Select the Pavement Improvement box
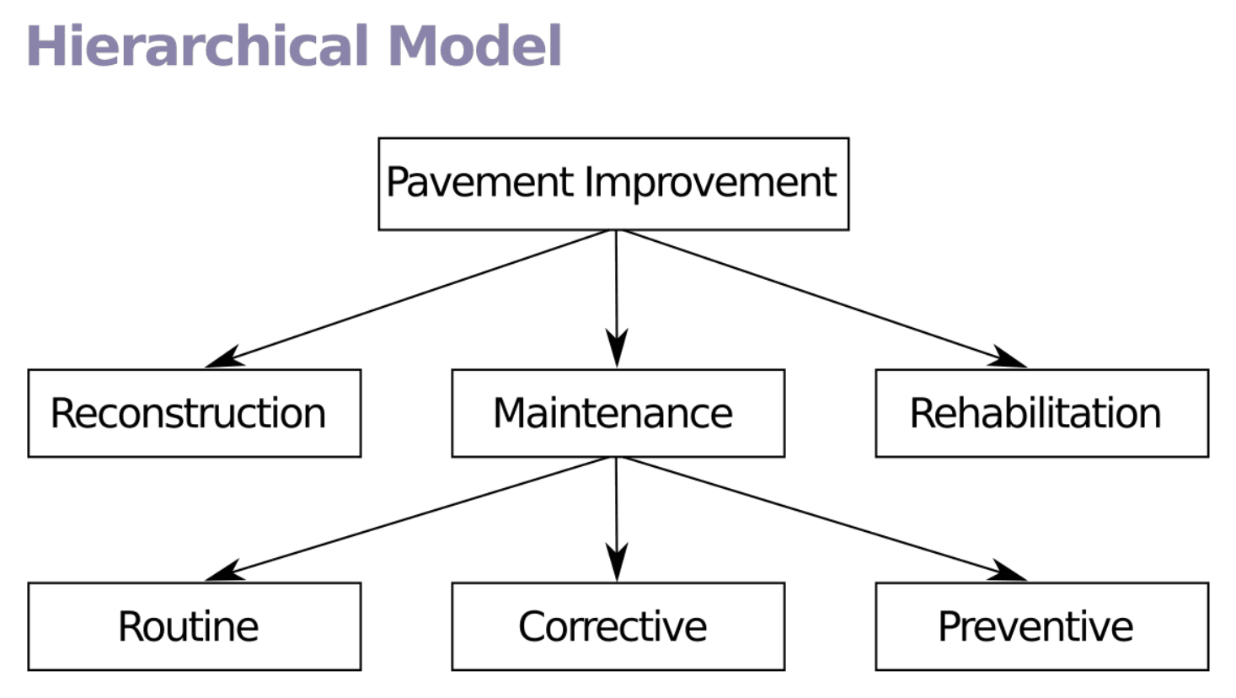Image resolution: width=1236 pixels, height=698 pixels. point(613,184)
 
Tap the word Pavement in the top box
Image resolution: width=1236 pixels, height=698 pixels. point(479,183)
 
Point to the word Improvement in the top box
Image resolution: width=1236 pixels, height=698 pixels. point(710,183)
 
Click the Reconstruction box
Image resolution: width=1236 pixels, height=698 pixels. point(194,413)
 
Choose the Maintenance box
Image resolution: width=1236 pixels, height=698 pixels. point(618,413)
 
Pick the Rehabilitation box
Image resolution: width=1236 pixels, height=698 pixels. point(1041,413)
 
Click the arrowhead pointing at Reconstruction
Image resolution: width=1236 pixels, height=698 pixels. point(223,358)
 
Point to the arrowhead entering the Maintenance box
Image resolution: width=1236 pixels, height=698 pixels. point(617,349)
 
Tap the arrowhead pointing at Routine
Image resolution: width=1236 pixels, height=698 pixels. point(223,572)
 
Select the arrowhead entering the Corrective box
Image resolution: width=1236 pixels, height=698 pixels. point(617,562)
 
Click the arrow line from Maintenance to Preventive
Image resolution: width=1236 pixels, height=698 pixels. point(809,515)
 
